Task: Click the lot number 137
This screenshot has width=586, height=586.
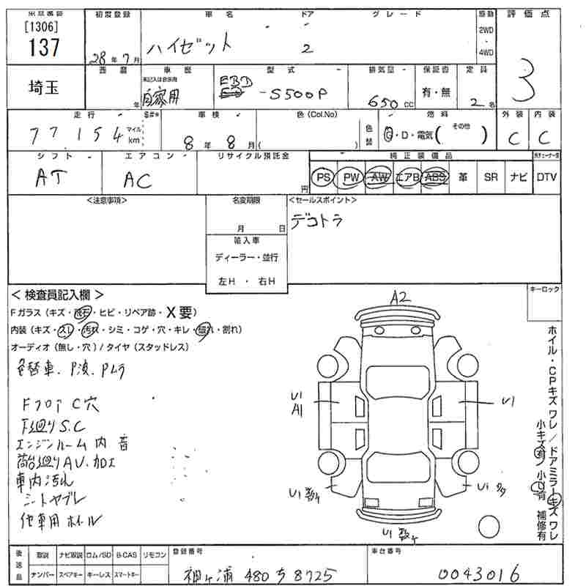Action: [44, 47]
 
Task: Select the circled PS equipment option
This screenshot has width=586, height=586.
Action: [322, 177]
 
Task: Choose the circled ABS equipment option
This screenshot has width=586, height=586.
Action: [435, 177]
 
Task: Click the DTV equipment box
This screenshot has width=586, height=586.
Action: [546, 177]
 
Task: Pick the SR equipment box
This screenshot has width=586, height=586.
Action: [491, 177]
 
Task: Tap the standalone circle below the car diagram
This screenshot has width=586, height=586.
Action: [489, 526]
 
